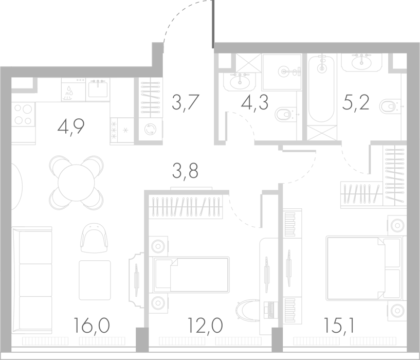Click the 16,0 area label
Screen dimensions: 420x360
point(91,326)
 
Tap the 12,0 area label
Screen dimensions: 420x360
point(205,326)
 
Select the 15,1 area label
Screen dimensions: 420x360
point(339,326)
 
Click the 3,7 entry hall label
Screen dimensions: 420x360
point(185,103)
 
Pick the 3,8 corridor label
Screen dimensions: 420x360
point(185,171)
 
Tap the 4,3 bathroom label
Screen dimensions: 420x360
point(254,103)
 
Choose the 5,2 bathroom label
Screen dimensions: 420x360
point(356,103)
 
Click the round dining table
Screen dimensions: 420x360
point(76,183)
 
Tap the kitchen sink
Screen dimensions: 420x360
point(98,88)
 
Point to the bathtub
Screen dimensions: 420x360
point(322,88)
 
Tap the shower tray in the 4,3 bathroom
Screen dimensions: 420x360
point(282,71)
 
